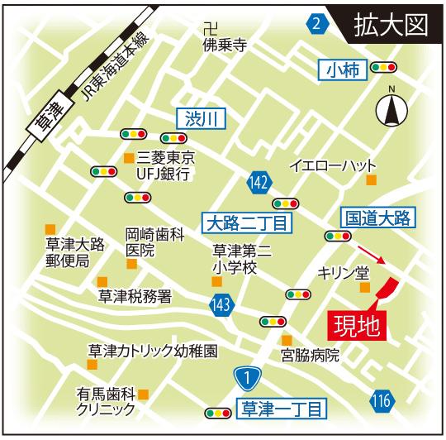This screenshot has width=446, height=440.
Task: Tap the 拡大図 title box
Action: (389, 25)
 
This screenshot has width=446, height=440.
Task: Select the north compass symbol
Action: (391, 108)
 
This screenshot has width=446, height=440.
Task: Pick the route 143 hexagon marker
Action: (221, 305)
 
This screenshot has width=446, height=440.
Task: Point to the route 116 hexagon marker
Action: (381, 402)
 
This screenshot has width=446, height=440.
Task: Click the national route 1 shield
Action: (245, 378)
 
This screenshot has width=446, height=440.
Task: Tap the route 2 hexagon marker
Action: (316, 25)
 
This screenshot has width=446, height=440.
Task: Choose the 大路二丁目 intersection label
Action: (244, 222)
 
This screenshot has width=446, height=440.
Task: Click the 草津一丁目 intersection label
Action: (282, 407)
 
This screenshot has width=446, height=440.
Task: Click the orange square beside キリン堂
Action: (364, 287)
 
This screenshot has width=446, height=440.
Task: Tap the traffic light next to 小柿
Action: (382, 67)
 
